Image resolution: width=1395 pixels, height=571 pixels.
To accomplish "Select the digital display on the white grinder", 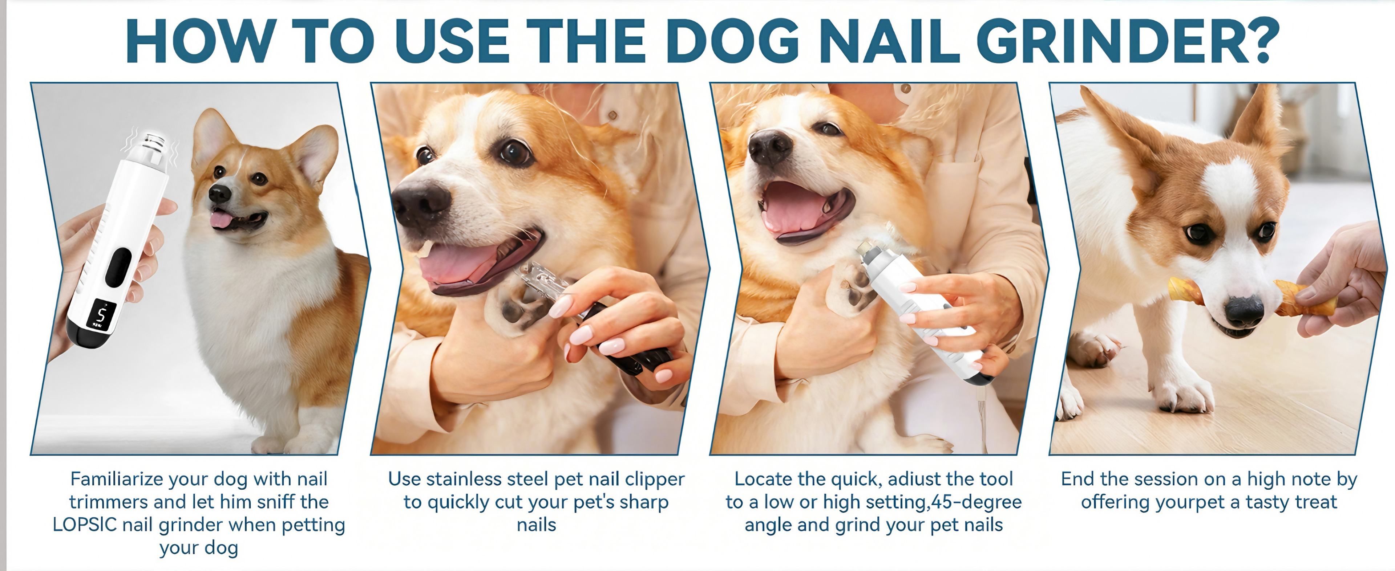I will (101, 314).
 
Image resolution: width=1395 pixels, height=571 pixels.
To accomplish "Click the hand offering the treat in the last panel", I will (1348, 281).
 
